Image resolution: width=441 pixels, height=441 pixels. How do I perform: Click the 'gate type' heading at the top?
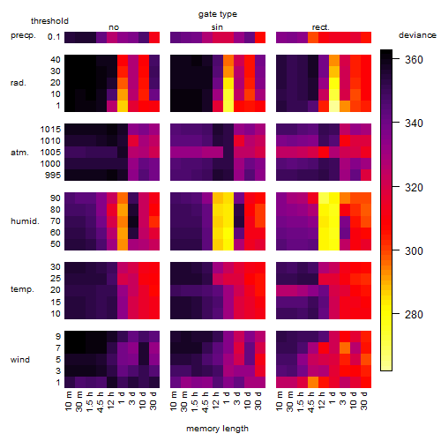218,14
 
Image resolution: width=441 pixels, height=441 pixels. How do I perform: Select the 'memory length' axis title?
217,429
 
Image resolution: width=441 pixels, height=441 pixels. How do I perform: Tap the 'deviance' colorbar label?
417,35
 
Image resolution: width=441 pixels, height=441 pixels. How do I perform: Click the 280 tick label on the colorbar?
414,315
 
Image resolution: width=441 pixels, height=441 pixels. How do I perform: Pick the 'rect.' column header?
320,27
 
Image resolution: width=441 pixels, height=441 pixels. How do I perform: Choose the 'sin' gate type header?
217,27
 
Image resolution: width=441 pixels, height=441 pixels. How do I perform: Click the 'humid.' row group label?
25,221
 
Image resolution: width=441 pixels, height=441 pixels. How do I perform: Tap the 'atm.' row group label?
19,153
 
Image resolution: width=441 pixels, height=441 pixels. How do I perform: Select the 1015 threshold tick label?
50,130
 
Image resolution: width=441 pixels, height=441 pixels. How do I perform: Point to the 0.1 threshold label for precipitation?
54,37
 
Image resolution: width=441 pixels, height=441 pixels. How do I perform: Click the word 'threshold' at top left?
49,21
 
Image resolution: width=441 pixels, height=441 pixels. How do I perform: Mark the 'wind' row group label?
20,360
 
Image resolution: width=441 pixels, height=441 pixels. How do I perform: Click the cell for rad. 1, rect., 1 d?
334,106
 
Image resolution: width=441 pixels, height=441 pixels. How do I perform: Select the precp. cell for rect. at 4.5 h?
313,37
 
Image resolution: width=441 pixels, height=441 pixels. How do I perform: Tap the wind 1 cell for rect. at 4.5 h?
313,383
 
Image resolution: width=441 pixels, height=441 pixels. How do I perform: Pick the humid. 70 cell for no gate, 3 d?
133,221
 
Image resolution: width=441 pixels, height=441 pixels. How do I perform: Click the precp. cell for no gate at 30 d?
154,37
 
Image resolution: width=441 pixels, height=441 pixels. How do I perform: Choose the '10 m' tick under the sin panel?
174,401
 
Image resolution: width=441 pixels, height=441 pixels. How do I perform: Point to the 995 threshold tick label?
53,176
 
